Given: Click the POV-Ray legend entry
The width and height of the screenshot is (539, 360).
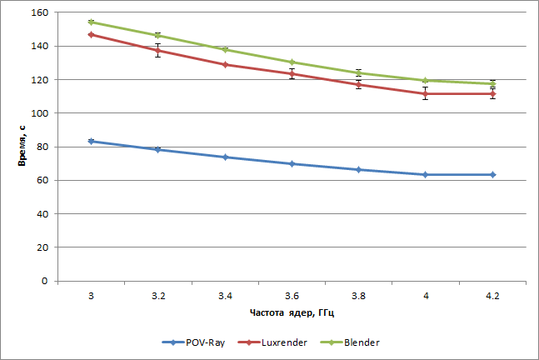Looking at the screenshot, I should (196, 342).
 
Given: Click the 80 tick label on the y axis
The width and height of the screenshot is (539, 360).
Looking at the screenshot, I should (42, 147).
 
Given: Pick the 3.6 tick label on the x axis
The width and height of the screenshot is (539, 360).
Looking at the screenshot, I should (292, 295).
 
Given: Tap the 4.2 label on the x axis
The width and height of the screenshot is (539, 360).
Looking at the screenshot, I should (493, 295).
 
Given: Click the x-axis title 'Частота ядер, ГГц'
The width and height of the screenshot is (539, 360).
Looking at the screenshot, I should (292, 313).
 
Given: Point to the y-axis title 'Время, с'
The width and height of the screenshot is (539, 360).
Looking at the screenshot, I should (22, 147).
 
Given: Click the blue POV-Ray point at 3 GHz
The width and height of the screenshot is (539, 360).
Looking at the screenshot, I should (91, 141).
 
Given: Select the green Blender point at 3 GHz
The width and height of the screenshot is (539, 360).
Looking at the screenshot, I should (91, 22).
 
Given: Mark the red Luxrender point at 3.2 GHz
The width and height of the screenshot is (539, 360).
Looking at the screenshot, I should (157, 50).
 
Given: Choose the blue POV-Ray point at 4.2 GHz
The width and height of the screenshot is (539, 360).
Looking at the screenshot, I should (493, 174).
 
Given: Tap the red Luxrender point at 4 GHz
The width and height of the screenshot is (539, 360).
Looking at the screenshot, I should (426, 93).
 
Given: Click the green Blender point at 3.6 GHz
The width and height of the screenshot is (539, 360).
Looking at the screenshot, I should (292, 62).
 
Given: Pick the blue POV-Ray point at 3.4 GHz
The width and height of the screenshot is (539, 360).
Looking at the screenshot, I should (225, 157).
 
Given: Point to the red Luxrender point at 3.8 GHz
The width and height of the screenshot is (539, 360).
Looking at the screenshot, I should (359, 84).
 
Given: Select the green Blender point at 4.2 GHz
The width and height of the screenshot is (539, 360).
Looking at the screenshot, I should (493, 83).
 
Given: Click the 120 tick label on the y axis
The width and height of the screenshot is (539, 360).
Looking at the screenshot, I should (39, 80).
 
